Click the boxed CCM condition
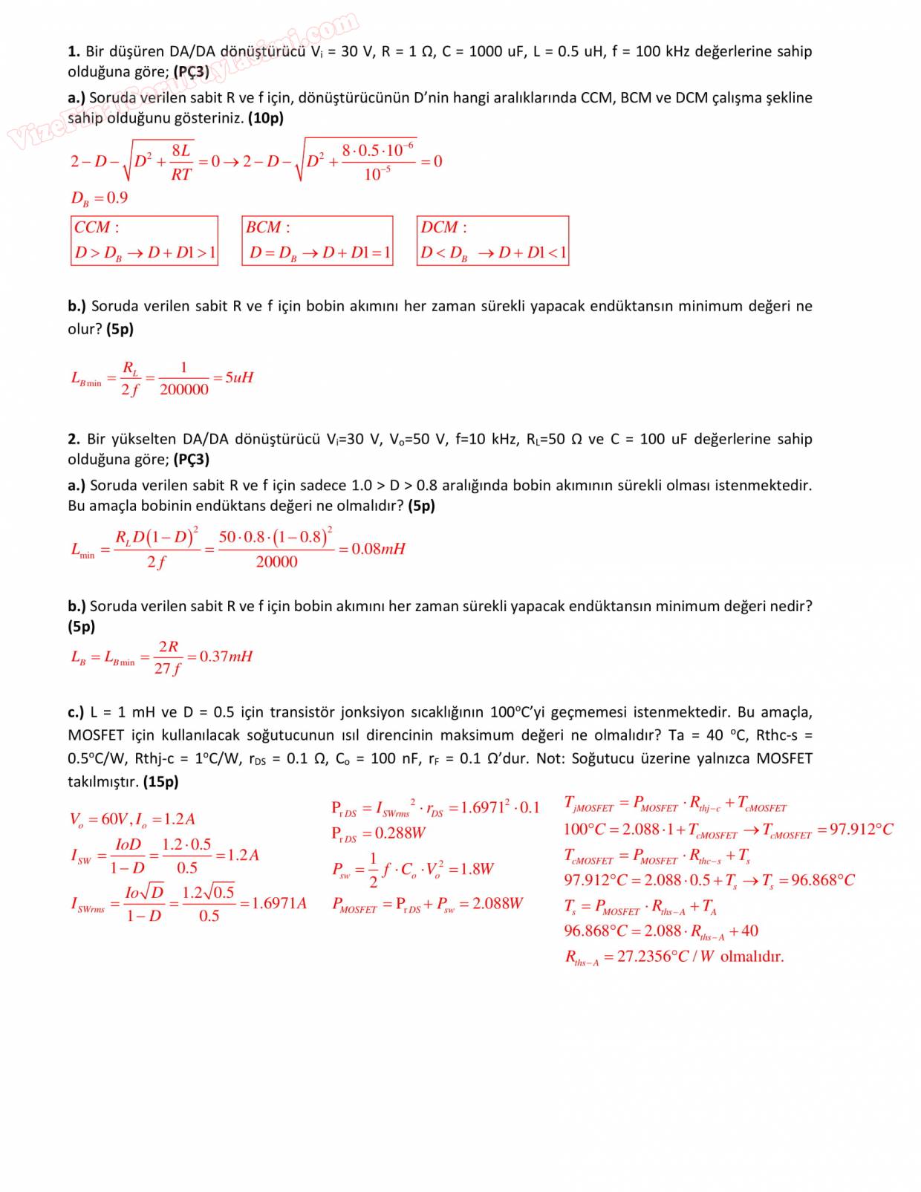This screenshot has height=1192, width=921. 145,240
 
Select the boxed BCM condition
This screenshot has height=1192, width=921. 317,240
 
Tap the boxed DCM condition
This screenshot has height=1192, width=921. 492,240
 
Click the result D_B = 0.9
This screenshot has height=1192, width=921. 99,198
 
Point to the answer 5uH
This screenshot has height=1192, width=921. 239,377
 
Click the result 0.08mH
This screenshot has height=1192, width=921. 378,549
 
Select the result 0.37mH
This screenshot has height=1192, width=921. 226,657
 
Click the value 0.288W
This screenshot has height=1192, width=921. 400,833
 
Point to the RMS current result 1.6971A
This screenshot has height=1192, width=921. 279,904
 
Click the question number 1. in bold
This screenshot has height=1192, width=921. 74,51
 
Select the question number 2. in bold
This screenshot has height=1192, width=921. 74,439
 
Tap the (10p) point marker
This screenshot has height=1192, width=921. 266,117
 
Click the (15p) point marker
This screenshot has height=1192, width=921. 161,781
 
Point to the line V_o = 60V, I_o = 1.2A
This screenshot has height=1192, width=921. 132,819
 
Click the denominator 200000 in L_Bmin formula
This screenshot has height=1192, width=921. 184,390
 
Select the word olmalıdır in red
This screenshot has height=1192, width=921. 752,957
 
